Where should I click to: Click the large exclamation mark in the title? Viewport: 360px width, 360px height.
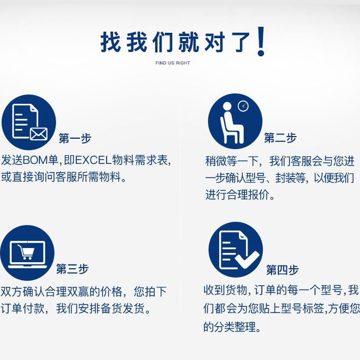[x=261, y=42]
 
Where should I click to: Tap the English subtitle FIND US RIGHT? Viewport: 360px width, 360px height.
[x=173, y=63]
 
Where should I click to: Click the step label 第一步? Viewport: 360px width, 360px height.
[x=75, y=138]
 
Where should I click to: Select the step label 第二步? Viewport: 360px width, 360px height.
[x=280, y=138]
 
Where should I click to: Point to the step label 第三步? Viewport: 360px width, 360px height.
[x=73, y=269]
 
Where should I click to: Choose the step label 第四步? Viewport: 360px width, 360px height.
[x=282, y=270]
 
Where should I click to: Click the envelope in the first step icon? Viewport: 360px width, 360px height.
[x=39, y=134]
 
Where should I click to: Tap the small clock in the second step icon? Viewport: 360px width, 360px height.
[x=243, y=106]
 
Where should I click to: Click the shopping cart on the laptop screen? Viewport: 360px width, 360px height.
[x=26, y=252]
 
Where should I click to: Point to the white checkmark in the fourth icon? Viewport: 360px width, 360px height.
[x=247, y=260]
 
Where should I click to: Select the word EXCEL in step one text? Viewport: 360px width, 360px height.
[x=93, y=160]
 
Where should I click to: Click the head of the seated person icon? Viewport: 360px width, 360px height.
[x=227, y=107]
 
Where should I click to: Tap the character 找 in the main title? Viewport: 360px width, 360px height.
[x=110, y=42]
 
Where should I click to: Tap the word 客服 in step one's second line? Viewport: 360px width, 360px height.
[x=67, y=177]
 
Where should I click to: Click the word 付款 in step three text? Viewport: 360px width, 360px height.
[x=33, y=308]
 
